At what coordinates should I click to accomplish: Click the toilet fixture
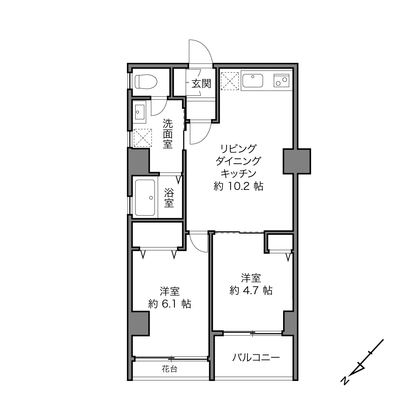146,82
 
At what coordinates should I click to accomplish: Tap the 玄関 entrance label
201,84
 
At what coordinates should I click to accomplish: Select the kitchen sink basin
252,81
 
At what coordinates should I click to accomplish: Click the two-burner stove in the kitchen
281,81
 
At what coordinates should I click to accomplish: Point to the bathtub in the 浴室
145,198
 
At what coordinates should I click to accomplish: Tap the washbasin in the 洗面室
139,112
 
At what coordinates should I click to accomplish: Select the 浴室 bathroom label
169,198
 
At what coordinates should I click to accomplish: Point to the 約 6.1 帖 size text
170,304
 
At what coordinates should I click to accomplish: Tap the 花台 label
170,369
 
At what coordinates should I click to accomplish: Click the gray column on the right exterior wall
297,161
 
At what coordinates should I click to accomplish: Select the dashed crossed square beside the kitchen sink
229,81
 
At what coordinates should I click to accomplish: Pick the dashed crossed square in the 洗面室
143,138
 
